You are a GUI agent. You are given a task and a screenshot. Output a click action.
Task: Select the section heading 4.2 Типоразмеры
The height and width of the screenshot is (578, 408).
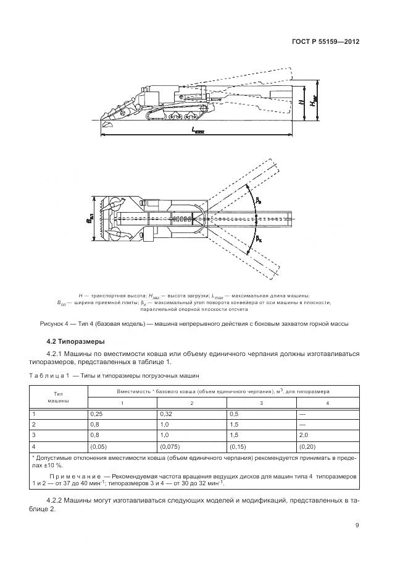click(76, 341)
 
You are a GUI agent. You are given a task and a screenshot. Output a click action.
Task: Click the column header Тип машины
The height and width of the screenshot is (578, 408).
click(59, 396)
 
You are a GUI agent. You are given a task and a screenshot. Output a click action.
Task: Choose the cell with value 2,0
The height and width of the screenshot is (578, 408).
click(304, 435)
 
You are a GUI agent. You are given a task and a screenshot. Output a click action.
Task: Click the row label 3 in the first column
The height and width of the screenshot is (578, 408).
click(35, 435)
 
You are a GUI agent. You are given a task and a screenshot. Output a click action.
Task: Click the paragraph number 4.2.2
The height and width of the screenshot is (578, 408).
click(58, 499)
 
